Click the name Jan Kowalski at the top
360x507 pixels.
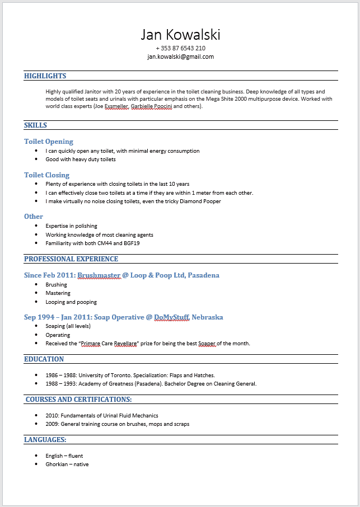point(180,35)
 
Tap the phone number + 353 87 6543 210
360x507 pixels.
point(180,49)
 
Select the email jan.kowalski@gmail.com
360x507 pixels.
point(180,57)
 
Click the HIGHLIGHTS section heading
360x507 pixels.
point(45,76)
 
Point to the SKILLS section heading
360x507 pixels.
point(35,125)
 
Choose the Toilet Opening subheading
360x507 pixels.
point(49,142)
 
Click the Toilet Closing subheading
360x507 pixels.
point(46,175)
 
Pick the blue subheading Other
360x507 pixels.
point(34,217)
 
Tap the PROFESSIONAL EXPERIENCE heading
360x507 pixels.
point(71,259)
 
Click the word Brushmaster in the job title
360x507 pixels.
point(99,275)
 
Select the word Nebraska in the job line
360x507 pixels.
point(207,317)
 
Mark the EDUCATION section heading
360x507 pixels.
point(44,359)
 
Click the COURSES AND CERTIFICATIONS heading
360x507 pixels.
point(78,400)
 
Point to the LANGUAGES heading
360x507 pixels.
point(45,440)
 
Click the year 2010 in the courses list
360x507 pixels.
point(52,416)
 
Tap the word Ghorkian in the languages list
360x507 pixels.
point(57,464)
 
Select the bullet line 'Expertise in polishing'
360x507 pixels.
point(71,226)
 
